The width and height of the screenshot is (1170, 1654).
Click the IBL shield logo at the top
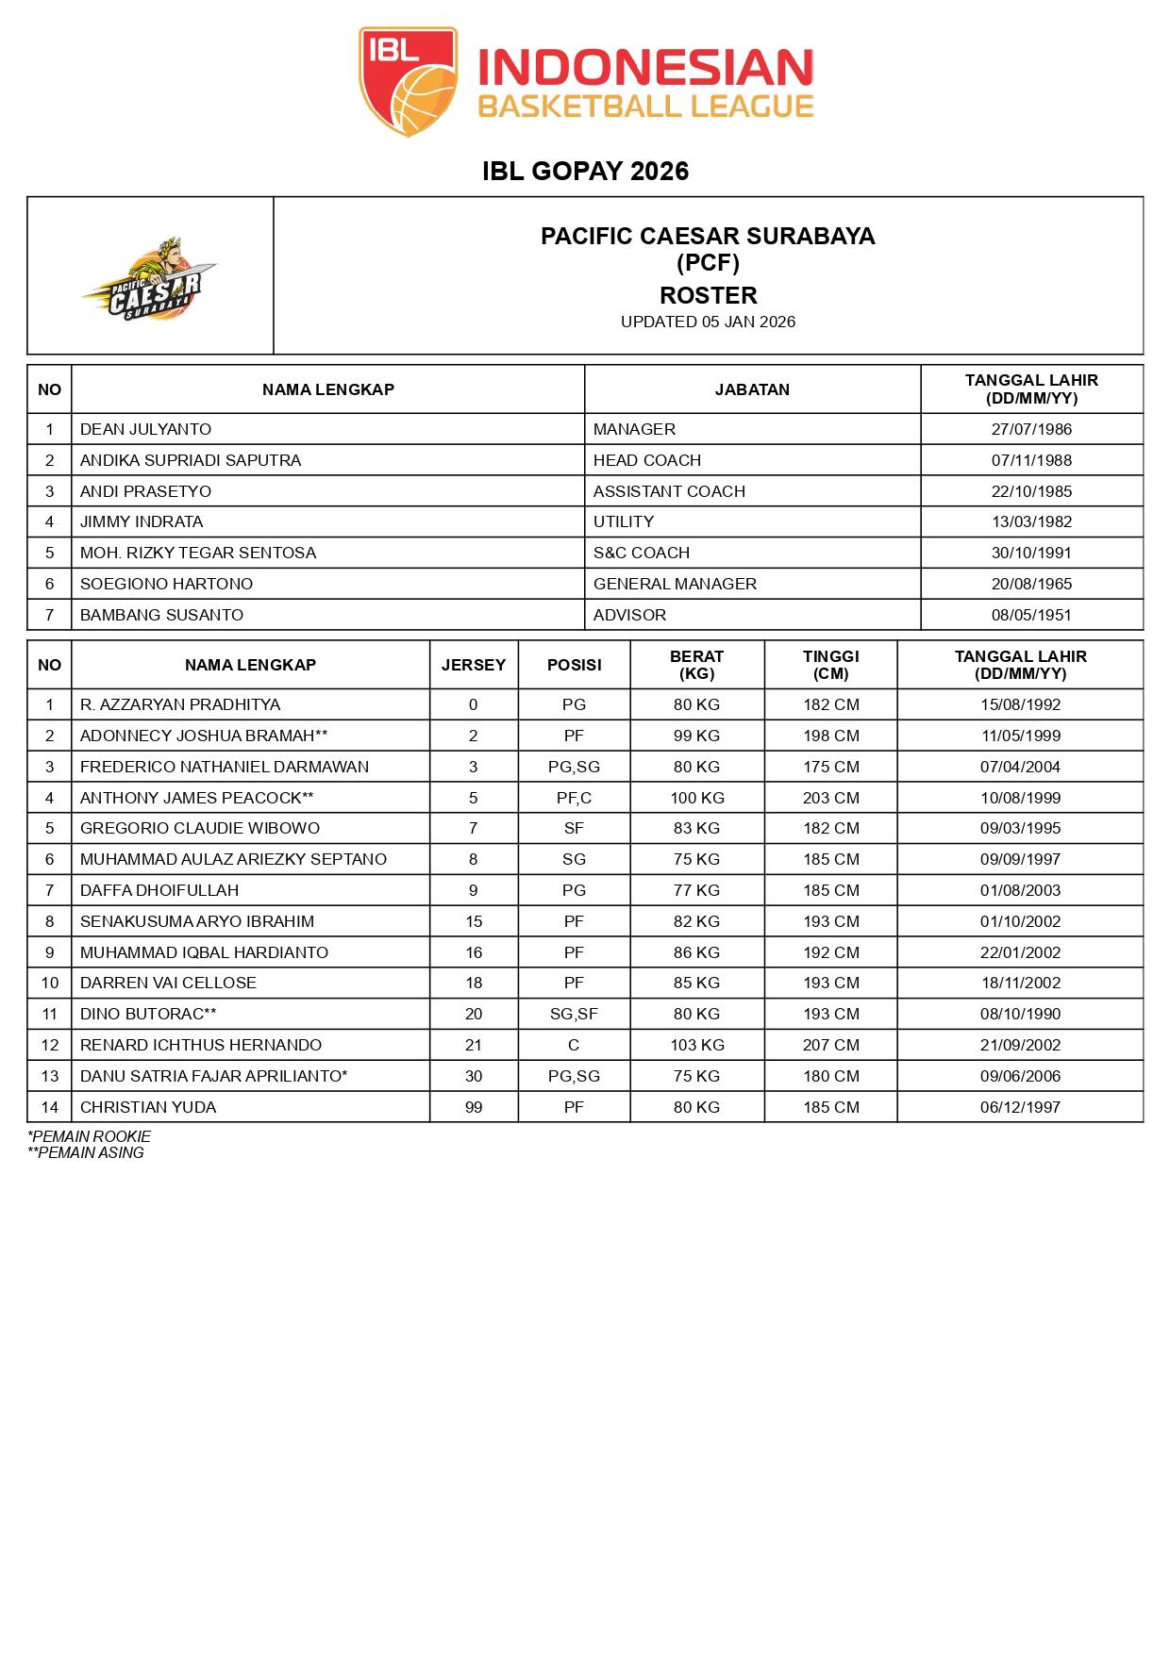click(408, 82)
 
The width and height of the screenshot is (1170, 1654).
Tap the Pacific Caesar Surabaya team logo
click(149, 280)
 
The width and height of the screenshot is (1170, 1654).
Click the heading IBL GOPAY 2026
click(585, 171)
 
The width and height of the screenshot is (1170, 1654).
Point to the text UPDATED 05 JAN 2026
click(708, 322)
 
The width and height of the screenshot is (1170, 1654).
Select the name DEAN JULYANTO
click(145, 429)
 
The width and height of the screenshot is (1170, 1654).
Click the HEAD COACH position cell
click(646, 460)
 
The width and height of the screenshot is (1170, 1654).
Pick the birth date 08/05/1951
click(1031, 615)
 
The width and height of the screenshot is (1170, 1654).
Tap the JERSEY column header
click(474, 665)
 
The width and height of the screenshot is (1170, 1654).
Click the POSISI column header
click(574, 665)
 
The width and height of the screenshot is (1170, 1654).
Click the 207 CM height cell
click(830, 1045)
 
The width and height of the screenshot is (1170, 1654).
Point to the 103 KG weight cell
click(696, 1045)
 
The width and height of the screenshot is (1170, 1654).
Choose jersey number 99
click(474, 1107)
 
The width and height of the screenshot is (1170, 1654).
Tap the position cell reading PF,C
click(574, 798)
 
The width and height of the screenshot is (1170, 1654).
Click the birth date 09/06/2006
click(1020, 1076)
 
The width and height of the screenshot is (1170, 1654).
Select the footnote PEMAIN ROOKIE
click(91, 1136)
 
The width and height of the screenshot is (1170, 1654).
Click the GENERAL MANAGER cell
click(675, 584)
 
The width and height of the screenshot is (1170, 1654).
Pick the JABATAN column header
click(752, 389)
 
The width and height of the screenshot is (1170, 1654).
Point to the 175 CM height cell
click(830, 767)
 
